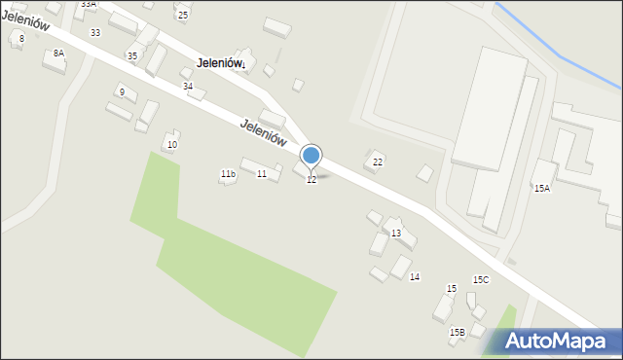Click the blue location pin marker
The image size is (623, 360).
point(311,156)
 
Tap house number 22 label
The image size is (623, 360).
point(378,162)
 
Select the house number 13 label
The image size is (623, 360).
point(396,234)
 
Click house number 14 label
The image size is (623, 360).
point(415,277)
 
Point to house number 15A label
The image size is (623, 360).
point(541,189)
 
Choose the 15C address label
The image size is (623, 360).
point(481,280)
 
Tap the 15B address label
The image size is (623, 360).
point(457,333)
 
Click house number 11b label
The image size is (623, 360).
point(227,174)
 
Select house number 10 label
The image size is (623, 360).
point(172,145)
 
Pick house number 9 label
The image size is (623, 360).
point(122,91)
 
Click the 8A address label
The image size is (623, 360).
point(58,53)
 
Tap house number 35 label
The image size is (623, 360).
point(131,56)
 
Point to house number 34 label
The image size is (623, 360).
point(188,87)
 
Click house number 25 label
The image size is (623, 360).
point(183,16)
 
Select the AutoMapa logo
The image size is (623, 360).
point(556,341)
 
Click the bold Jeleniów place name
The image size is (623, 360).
point(220,62)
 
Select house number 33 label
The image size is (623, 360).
point(94,33)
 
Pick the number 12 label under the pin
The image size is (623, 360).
point(311,180)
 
